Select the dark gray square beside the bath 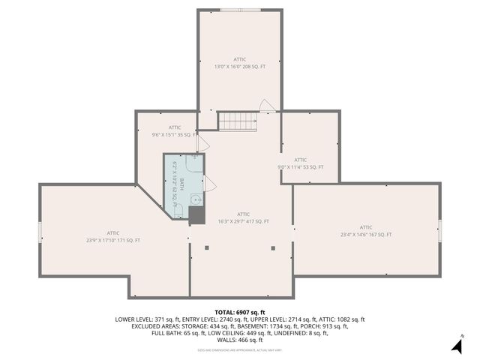pyautogui.click(x=196, y=215)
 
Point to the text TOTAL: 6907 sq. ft pyautogui.click(x=240, y=312)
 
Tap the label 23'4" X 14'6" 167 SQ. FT pyautogui.click(x=366, y=235)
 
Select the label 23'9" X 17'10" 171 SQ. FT pyautogui.click(x=113, y=240)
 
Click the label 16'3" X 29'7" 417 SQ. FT pyautogui.click(x=243, y=221)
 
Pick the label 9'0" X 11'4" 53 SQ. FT pyautogui.click(x=301, y=167)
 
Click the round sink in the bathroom pyautogui.click(x=195, y=199)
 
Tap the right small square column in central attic pyautogui.click(x=272, y=247)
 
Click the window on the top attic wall pyautogui.click(x=240, y=10)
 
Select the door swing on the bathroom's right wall pyautogui.click(x=209, y=182)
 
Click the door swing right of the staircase pyautogui.click(x=267, y=106)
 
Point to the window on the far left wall pyautogui.click(x=40, y=231)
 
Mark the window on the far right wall pyautogui.click(x=440, y=231)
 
